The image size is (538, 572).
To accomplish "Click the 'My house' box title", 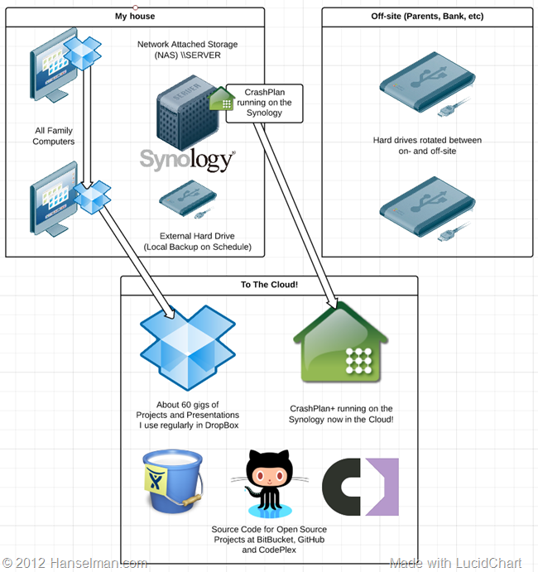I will tap(135, 16).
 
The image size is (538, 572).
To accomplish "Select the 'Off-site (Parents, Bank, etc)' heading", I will tap(428, 16).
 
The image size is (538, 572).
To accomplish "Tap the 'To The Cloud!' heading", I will tap(269, 285).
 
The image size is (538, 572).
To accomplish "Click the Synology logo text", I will tap(186, 159).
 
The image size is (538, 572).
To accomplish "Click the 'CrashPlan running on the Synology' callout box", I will tap(266, 102).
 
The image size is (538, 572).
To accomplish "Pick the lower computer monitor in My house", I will tap(54, 199).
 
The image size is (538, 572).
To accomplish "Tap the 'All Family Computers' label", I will tap(55, 136).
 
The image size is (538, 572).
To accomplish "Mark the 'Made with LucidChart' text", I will tap(456, 562).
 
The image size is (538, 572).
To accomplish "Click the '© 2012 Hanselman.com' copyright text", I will tap(74, 562).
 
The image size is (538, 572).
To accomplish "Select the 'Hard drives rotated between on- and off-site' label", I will tap(427, 146).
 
